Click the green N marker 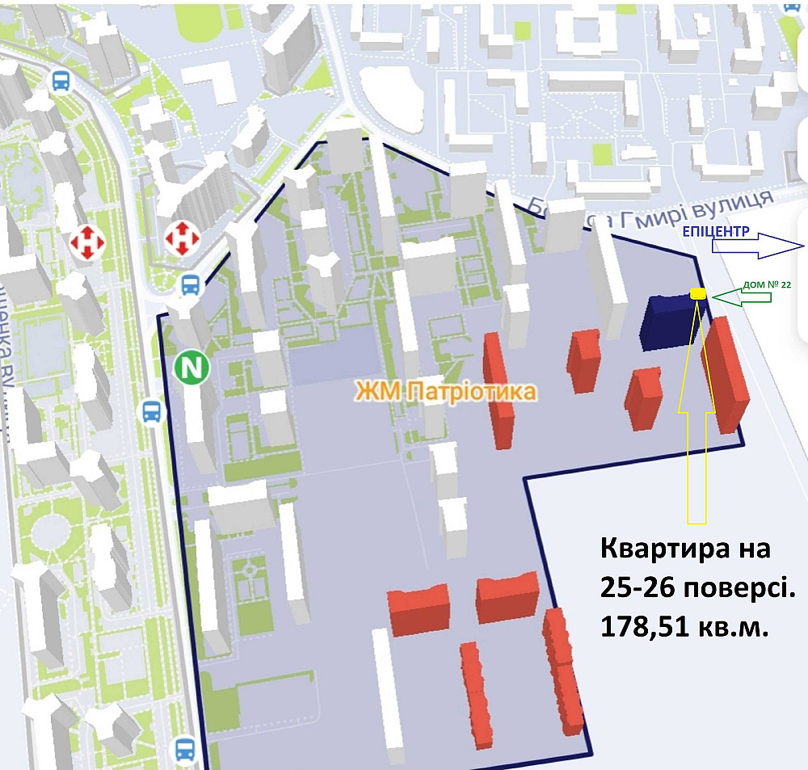pyautogui.click(x=192, y=368)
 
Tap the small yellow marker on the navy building pyautogui.click(x=698, y=294)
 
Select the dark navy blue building pyautogui.click(x=668, y=323)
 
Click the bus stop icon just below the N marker pyautogui.click(x=152, y=412)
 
